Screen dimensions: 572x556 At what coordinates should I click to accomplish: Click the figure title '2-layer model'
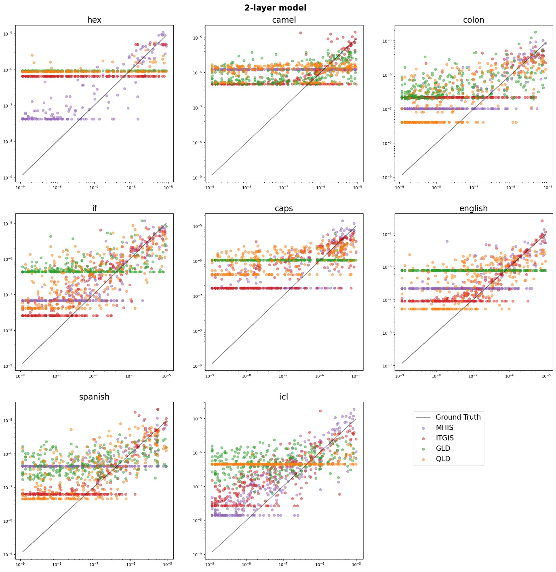point(275,8)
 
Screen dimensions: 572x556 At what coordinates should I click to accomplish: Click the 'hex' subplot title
point(94,20)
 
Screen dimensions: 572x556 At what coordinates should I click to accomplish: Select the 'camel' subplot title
point(284,20)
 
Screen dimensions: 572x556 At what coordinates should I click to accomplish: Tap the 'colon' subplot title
point(473,20)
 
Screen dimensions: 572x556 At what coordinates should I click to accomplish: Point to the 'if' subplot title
point(94,208)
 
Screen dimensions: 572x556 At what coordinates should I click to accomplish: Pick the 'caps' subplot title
point(284,208)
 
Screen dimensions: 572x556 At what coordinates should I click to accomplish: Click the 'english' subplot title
point(473,208)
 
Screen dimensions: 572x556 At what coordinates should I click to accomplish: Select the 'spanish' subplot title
point(94,397)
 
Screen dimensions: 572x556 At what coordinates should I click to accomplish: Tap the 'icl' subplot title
point(284,397)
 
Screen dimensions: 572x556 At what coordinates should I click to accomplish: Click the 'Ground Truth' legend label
point(458,417)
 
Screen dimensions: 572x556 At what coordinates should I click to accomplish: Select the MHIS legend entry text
point(444,428)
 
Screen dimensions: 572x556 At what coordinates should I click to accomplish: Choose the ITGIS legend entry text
point(444,438)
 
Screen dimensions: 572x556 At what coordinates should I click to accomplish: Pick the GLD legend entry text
point(443,448)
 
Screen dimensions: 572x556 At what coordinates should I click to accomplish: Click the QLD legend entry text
point(443,459)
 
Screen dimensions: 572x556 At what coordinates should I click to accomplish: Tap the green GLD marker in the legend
point(423,449)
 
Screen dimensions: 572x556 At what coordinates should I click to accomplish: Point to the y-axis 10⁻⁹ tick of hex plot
point(9,178)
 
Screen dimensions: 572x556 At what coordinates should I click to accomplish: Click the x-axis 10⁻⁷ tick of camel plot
point(284,188)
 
